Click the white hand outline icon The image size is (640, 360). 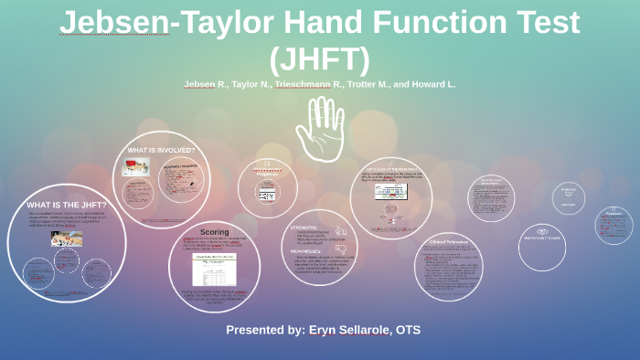point(319,128)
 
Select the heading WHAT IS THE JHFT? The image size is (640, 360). point(67,205)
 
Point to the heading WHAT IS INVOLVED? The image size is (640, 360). point(161,150)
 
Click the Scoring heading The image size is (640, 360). point(214,232)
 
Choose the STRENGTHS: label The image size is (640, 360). point(304,227)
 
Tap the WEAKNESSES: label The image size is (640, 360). point(308,250)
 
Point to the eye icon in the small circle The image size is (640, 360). point(542,232)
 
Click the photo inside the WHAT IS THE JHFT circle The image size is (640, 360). point(66,238)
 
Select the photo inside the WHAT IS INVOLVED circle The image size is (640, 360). point(136,167)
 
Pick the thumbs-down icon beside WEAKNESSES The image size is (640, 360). point(342,249)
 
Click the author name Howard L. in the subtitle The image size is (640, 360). point(429,84)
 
